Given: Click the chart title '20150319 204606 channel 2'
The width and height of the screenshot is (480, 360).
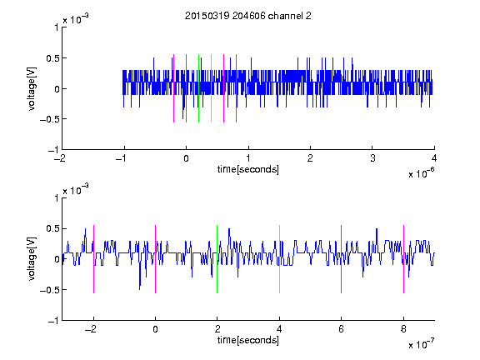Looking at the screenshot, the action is (x=248, y=16).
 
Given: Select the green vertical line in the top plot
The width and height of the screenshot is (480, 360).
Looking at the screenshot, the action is (x=198, y=88).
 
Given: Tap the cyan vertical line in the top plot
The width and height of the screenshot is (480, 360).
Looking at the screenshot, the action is (x=211, y=88).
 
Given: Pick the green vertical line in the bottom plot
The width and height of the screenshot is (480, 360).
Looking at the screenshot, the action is (x=217, y=259).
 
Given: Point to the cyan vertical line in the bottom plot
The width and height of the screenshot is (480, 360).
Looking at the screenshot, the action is (x=279, y=259).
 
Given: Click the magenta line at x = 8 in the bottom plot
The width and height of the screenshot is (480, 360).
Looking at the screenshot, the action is (x=403, y=259).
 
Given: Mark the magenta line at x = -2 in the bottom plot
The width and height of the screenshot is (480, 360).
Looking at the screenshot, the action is (x=93, y=259).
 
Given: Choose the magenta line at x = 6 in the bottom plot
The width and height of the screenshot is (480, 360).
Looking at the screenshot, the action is (x=342, y=259).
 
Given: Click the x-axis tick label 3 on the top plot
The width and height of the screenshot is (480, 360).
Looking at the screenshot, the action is (x=372, y=158).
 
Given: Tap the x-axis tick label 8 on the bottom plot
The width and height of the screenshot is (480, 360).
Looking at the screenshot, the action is (x=403, y=329).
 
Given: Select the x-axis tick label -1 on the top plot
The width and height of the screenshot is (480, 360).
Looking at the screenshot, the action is (x=122, y=158).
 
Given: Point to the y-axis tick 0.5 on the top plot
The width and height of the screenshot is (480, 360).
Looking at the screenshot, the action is (x=52, y=58).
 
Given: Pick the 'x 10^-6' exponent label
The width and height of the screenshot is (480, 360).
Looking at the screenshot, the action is (x=421, y=173).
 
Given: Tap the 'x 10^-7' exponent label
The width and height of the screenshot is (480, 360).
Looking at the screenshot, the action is (x=421, y=344).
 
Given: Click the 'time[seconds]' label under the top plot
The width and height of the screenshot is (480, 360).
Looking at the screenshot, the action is (x=248, y=169).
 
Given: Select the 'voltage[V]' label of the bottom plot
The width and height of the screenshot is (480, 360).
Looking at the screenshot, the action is (x=32, y=259).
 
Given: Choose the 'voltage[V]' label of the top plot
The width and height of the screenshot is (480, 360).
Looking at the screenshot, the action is (x=32, y=88).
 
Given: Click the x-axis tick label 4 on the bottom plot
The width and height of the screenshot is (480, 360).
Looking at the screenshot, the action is (x=279, y=329).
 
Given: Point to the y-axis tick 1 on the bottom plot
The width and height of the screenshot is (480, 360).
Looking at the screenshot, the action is (x=57, y=198).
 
